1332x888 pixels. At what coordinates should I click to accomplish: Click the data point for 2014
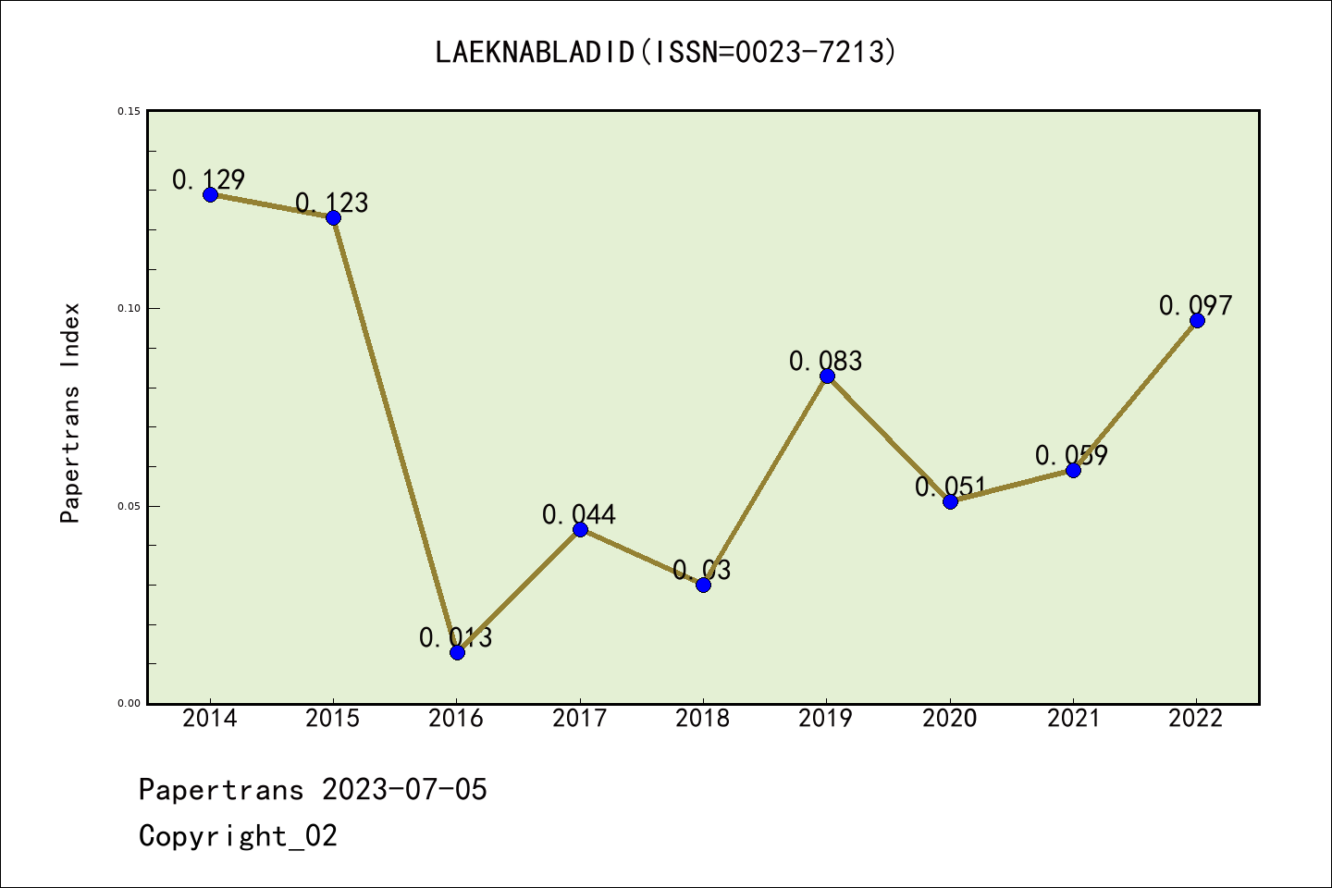pyautogui.click(x=210, y=194)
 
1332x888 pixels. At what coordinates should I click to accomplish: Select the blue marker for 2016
pyautogui.click(x=457, y=652)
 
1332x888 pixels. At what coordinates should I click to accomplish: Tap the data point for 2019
pyautogui.click(x=827, y=376)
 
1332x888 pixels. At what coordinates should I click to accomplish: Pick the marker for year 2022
pyautogui.click(x=1197, y=320)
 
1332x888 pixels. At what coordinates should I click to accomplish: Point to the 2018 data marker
pyautogui.click(x=703, y=585)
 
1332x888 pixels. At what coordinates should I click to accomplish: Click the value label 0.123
pyautogui.click(x=332, y=203)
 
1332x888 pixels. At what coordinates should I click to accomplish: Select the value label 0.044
pyautogui.click(x=579, y=514)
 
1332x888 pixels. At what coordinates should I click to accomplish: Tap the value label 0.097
pyautogui.click(x=1196, y=305)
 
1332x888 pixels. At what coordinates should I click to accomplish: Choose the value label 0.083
pyautogui.click(x=826, y=361)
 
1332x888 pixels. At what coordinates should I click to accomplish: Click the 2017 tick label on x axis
pyautogui.click(x=580, y=719)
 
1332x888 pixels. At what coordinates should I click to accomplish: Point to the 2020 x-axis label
pyautogui.click(x=950, y=719)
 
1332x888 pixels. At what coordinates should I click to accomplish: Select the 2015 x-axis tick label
pyautogui.click(x=333, y=719)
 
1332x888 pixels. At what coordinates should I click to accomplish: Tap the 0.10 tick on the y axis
pyautogui.click(x=129, y=309)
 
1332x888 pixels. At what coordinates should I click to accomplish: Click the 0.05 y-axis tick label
pyautogui.click(x=129, y=506)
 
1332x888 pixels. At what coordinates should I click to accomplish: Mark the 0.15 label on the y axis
pyautogui.click(x=129, y=112)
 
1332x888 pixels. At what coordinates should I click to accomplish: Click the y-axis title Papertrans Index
pyautogui.click(x=71, y=413)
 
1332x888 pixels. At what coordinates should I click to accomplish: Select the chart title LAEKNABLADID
pyautogui.click(x=666, y=52)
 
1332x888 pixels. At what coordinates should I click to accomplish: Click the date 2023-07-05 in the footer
pyautogui.click(x=404, y=790)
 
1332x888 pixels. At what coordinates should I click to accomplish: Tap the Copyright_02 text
pyautogui.click(x=239, y=836)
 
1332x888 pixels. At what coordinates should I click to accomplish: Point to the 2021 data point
pyautogui.click(x=1073, y=470)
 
